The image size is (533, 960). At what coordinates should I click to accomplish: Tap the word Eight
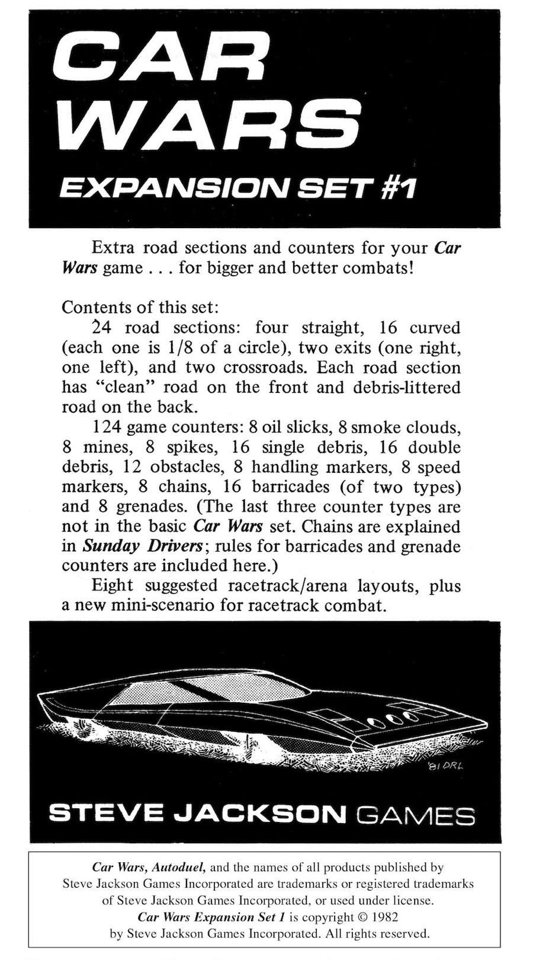113,586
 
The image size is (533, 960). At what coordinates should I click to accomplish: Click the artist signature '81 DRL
445,766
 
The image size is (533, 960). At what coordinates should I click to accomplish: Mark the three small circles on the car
389,718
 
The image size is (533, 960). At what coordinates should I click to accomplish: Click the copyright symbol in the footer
364,917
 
